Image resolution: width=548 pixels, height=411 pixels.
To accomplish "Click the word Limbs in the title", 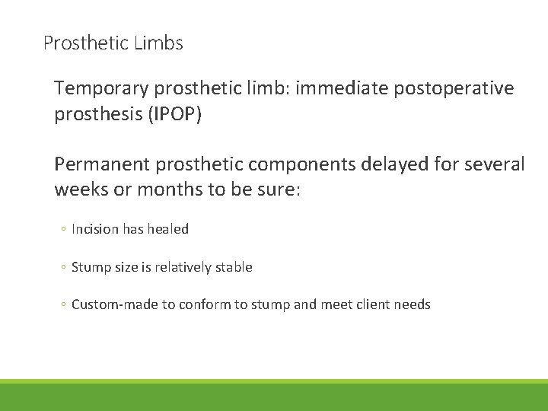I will [158, 43].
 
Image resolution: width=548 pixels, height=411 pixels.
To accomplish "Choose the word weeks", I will [80, 189].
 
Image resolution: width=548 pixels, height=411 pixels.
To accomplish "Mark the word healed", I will [169, 229].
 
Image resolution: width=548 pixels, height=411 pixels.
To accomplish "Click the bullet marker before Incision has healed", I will [64, 230].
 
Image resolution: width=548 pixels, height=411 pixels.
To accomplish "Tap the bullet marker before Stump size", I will [64, 268].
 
